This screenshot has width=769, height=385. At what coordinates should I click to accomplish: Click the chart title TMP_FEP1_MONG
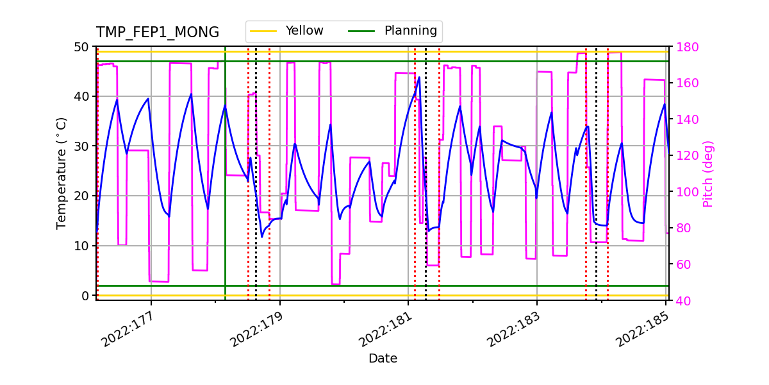[x=158, y=33]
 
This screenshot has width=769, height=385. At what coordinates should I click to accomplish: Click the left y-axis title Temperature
[x=62, y=173]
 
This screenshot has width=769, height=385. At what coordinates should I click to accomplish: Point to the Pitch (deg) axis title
[x=708, y=173]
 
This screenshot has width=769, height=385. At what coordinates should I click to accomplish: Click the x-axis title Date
[x=383, y=359]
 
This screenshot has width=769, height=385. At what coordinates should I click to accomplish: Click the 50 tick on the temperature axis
[x=81, y=47]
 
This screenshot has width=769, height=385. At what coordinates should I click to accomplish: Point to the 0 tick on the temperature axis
[x=85, y=296]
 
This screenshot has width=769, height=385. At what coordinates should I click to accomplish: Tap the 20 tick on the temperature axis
[x=81, y=196]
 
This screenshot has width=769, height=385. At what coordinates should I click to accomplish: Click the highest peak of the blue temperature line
[x=419, y=78]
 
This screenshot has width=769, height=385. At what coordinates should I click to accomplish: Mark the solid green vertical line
[x=225, y=193]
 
